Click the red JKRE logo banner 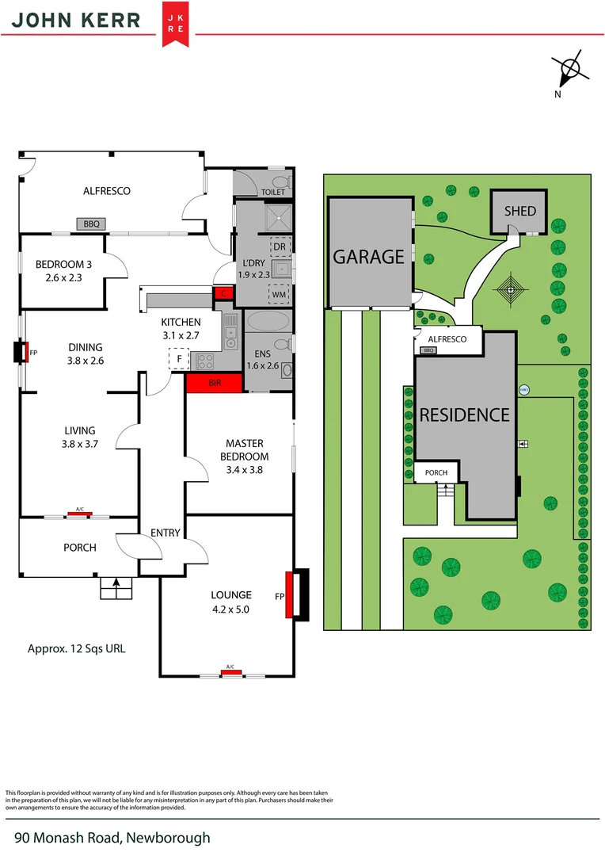tap(175, 23)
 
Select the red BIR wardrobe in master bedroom tap(214, 383)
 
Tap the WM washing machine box tap(279, 294)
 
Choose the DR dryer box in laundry tap(279, 246)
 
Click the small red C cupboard tap(223, 294)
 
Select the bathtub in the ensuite tap(268, 321)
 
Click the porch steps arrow tap(117, 586)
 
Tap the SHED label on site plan tap(519, 211)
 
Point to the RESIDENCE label tap(464, 415)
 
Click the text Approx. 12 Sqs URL tap(76, 648)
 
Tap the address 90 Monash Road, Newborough tap(112, 837)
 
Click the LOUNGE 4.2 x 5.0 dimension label tap(230, 602)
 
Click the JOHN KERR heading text tap(76, 21)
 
